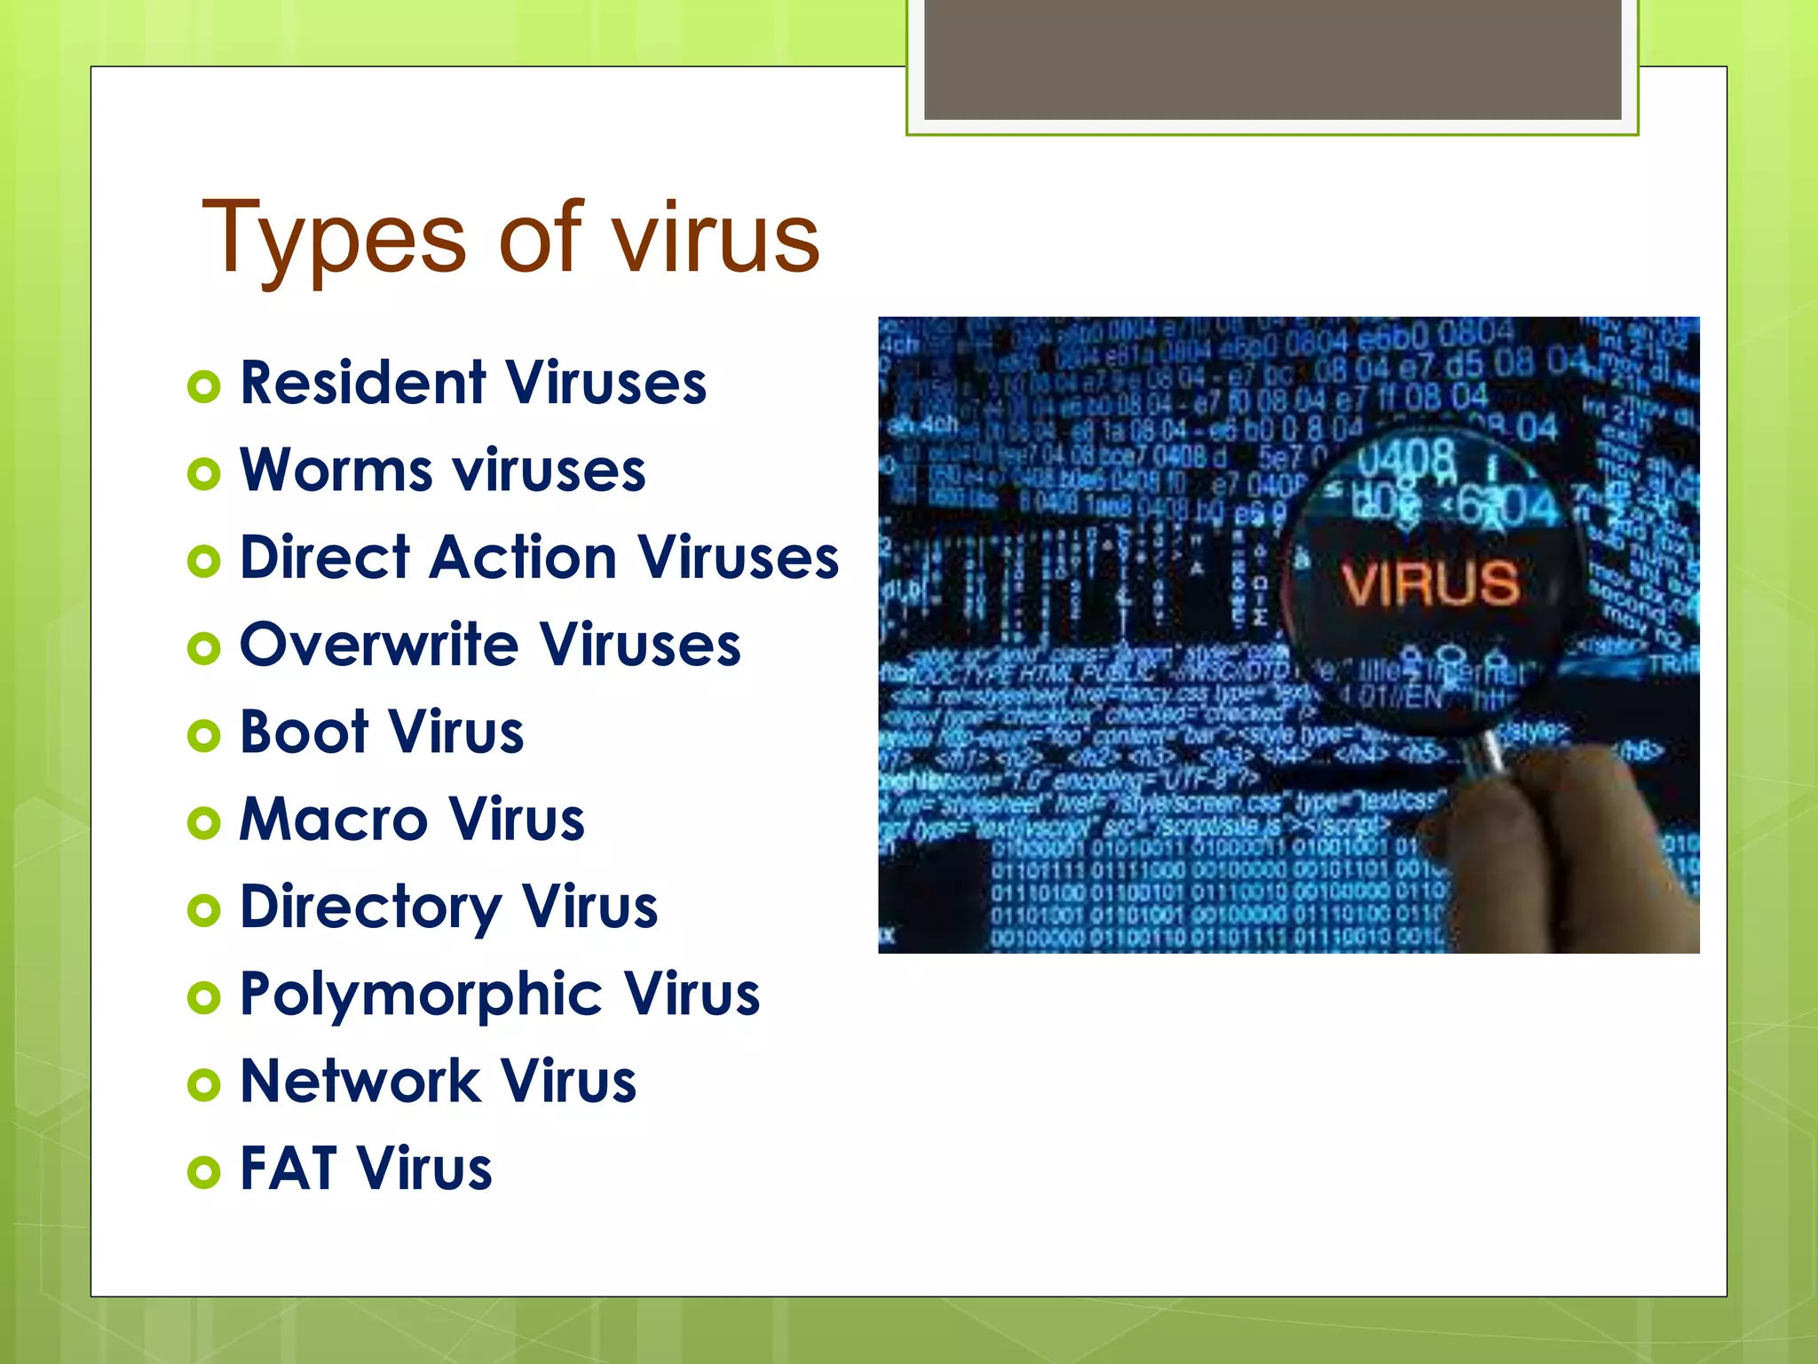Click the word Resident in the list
tap(362, 383)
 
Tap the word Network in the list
tap(360, 1081)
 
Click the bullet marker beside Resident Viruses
tap(204, 386)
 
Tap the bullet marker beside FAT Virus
tap(204, 1171)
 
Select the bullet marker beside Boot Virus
tap(204, 735)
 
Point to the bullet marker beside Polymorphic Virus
tap(204, 997)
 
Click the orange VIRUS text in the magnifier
tap(1430, 583)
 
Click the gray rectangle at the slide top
tap(1272, 59)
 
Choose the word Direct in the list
tap(325, 558)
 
